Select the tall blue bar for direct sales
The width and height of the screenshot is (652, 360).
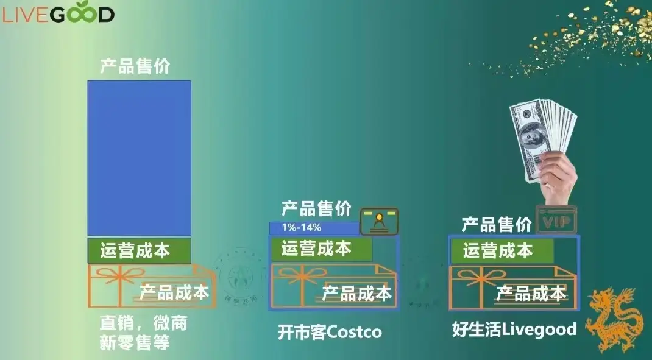(139, 158)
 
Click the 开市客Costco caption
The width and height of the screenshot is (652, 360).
(329, 332)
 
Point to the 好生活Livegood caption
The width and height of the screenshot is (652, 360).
(514, 330)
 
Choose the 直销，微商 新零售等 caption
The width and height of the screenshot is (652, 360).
(143, 333)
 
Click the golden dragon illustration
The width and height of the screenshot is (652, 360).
(615, 319)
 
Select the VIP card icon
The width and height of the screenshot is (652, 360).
(556, 220)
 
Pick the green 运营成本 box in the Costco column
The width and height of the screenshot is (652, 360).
(321, 249)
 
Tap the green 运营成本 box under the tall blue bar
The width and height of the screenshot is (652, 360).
(139, 250)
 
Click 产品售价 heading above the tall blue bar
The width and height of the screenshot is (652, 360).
(135, 66)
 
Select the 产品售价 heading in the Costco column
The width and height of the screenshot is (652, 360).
(316, 209)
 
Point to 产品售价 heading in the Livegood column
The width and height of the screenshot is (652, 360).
(497, 224)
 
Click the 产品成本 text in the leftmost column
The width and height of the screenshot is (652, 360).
(174, 292)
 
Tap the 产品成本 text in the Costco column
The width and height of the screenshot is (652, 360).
(356, 294)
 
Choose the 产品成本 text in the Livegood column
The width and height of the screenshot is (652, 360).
(531, 294)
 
